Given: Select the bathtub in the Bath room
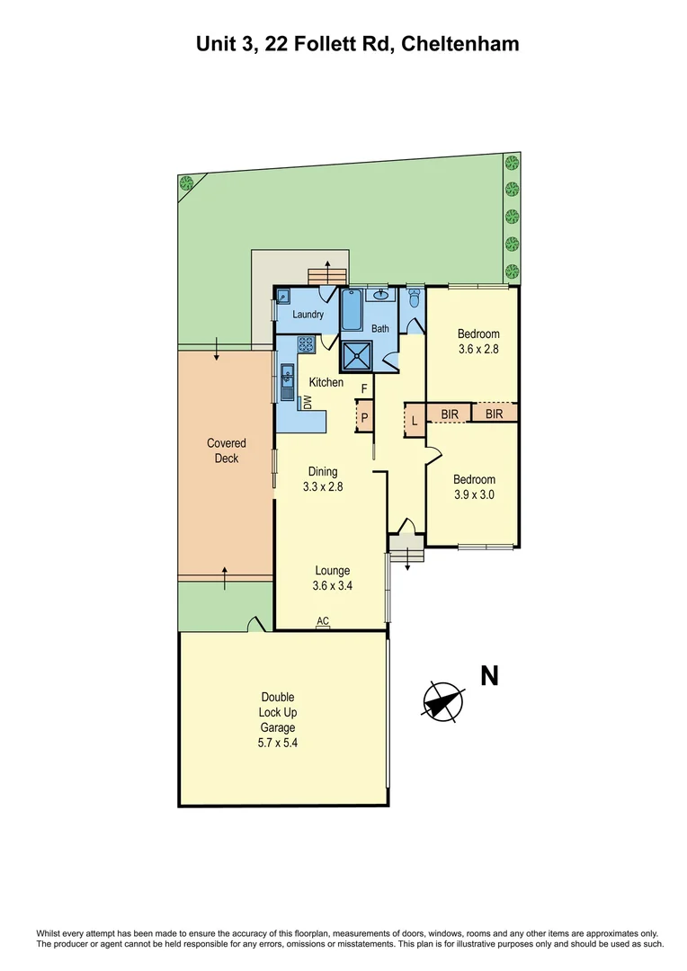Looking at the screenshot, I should pos(351,310).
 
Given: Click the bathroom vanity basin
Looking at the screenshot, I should pos(381,296).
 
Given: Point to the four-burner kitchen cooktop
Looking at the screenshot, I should pos(306,343).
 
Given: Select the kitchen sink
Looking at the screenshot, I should pos(288,381).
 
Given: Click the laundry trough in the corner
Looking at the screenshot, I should pos(283,296).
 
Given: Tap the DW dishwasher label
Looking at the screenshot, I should pos(308,404).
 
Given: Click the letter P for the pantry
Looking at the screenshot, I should pos(365,418).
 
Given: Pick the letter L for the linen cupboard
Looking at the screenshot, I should pos(415,420).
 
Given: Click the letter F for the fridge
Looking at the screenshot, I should pos(364,388).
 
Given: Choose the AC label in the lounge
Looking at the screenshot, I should pos(322,620).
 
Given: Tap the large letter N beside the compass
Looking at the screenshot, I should pos(489,676).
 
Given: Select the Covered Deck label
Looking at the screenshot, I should pos(226,450).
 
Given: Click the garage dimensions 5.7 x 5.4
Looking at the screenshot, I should pos(278,744).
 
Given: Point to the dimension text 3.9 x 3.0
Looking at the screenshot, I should pos(473,494).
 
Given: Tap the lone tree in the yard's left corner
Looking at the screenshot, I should pos(187,184).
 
